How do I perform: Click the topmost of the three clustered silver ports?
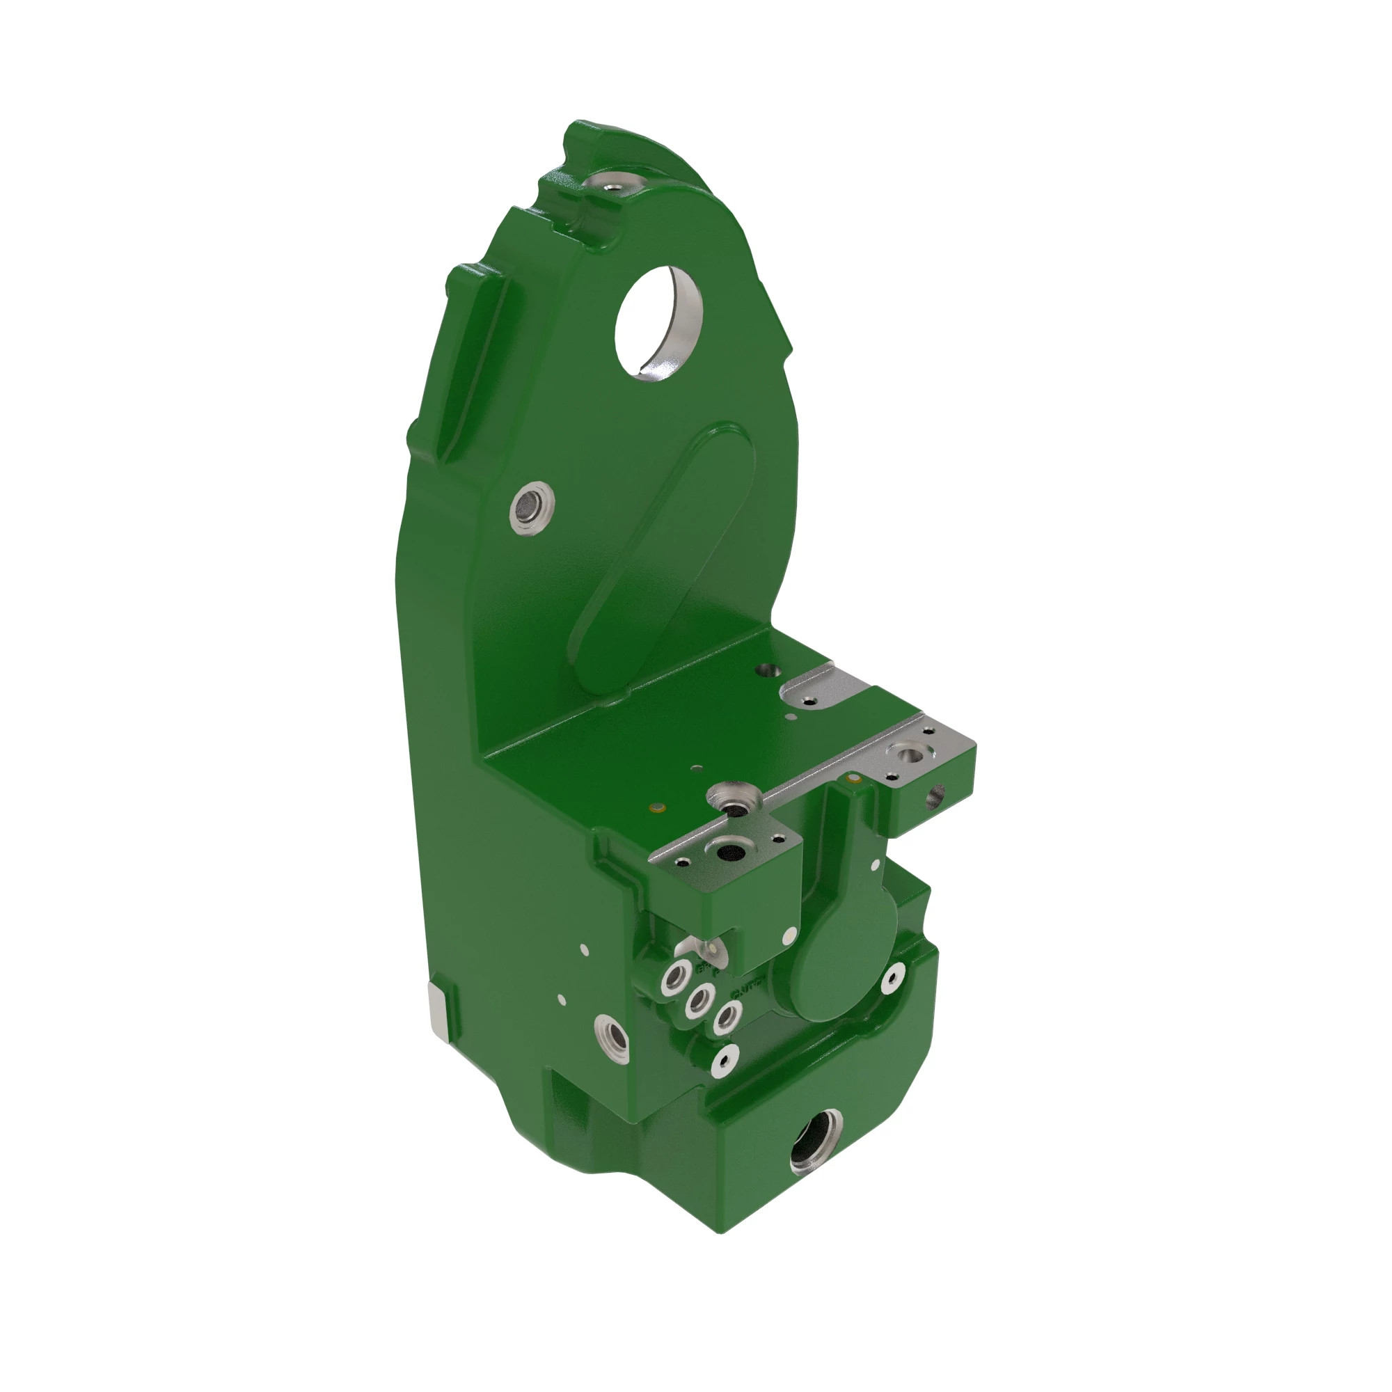pyautogui.click(x=675, y=978)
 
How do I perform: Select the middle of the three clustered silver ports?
pyautogui.click(x=698, y=1000)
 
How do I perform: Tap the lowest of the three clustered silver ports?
pyautogui.click(x=726, y=1018)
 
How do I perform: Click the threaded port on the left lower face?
pyautogui.click(x=612, y=1038)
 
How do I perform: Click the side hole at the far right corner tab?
pyautogui.click(x=935, y=796)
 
